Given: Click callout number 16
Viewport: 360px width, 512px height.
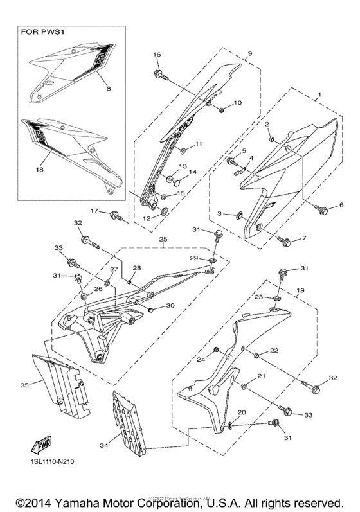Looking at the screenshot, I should (x=156, y=55).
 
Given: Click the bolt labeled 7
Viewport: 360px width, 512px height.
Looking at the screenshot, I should (x=285, y=242).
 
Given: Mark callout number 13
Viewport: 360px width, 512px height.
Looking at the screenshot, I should (x=183, y=166).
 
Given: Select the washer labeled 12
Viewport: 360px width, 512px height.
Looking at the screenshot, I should (x=163, y=211).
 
